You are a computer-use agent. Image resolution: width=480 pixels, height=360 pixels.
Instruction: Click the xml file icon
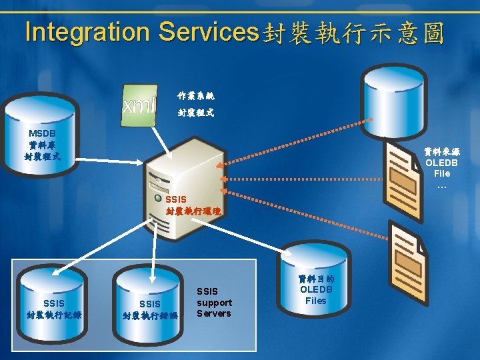[139, 104]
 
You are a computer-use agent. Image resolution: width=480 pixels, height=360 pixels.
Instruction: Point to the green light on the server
[157, 197]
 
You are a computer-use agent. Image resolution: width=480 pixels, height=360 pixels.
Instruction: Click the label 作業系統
[196, 97]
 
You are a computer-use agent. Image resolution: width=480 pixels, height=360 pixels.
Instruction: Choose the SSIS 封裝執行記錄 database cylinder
[54, 300]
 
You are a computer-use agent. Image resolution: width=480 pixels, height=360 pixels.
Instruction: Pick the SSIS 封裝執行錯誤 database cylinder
[150, 303]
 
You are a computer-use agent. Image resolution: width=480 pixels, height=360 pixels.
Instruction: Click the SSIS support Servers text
[214, 303]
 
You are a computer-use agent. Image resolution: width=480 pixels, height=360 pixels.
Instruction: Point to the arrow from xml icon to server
[162, 143]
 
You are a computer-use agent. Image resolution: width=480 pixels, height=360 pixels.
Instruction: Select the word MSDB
[42, 133]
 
